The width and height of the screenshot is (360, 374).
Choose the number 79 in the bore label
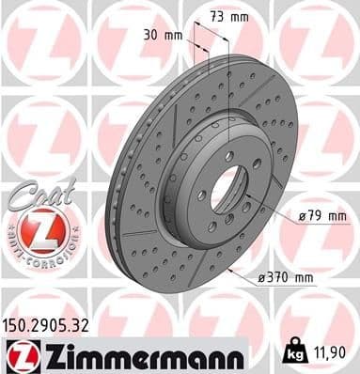click(x=318, y=216)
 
